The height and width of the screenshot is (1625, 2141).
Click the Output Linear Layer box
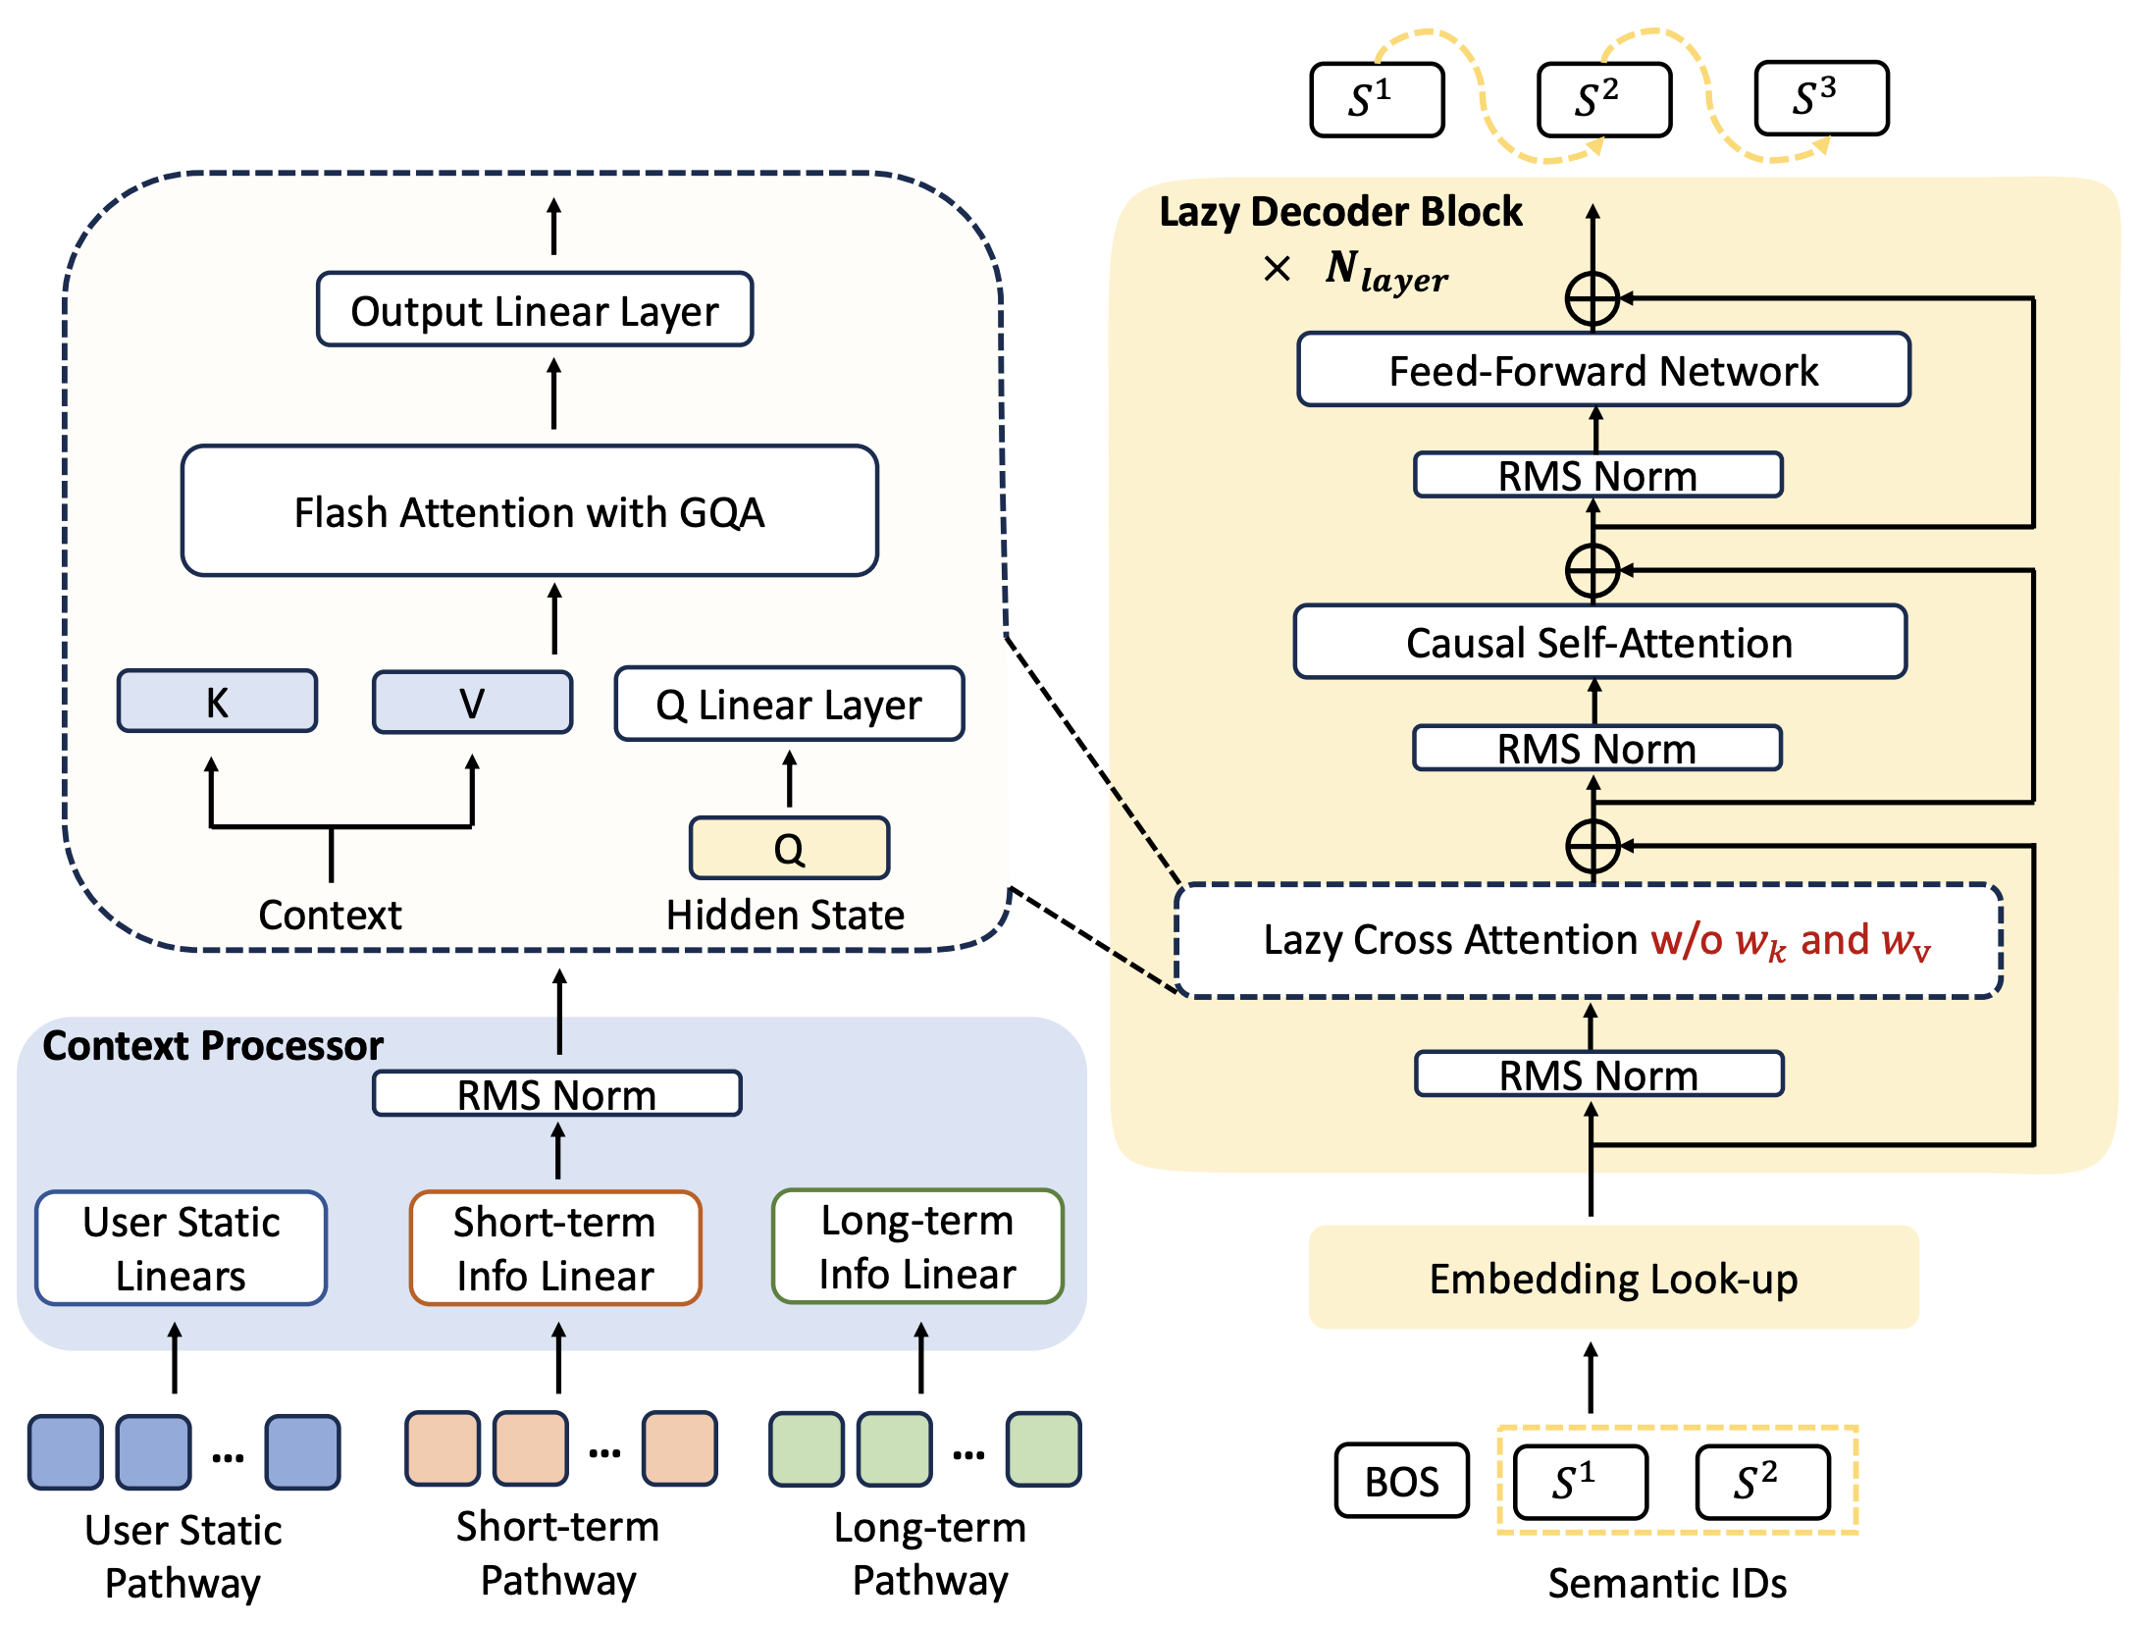tap(535, 310)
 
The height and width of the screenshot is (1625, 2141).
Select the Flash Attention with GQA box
tap(529, 511)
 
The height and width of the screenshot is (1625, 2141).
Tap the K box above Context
tap(217, 702)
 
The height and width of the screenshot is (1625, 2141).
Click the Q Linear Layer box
tap(789, 704)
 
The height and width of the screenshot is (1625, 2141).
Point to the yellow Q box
tap(789, 848)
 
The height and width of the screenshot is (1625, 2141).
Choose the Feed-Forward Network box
tap(1603, 370)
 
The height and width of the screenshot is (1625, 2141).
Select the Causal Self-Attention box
tap(1599, 643)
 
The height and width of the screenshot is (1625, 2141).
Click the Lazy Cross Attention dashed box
tap(1589, 940)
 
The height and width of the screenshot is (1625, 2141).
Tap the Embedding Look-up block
tap(1613, 1278)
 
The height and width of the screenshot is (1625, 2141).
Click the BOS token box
tap(1401, 1481)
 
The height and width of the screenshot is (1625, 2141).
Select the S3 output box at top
tap(1821, 98)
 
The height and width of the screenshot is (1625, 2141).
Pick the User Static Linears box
tap(182, 1248)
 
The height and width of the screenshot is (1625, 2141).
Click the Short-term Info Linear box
tap(555, 1248)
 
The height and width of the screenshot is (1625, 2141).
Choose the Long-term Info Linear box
tap(917, 1246)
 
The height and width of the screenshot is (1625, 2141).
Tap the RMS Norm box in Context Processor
tap(556, 1094)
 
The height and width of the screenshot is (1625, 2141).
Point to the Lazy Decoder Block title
tap(1340, 212)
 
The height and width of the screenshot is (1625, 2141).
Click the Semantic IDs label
tap(1667, 1583)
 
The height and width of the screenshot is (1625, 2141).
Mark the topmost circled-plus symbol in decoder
tap(1593, 298)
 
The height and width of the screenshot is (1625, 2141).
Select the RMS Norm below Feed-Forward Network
tap(1597, 476)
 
